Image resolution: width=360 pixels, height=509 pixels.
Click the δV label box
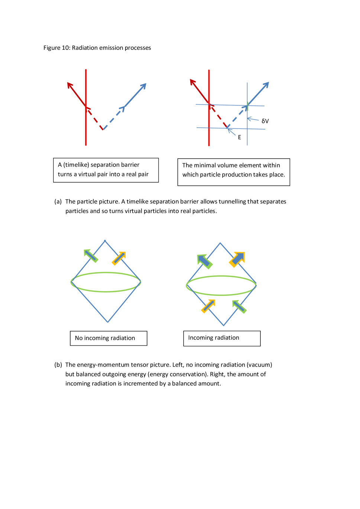click(265, 121)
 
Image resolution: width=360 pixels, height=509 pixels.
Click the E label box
click(240, 137)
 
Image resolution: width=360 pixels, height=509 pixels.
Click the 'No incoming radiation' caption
click(108, 338)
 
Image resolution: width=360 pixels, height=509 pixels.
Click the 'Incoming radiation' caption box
click(221, 338)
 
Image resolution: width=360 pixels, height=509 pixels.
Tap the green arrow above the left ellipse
click(90, 255)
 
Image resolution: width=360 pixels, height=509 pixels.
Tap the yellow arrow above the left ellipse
click(119, 258)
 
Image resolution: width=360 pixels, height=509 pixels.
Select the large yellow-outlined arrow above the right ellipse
click(237, 260)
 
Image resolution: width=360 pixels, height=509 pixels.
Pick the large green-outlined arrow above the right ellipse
click(204, 261)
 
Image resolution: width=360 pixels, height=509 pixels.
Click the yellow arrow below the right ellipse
click(208, 306)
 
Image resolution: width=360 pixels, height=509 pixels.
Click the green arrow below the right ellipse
click(239, 307)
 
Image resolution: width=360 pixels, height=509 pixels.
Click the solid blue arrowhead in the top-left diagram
click(143, 86)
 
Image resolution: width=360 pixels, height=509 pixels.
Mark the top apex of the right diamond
click(220, 243)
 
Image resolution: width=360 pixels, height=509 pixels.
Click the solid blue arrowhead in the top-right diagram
click(266, 85)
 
